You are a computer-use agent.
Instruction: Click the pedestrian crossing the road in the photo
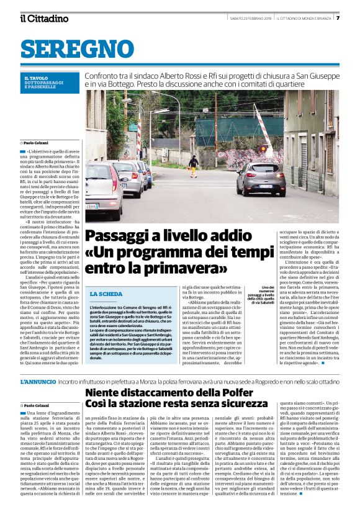[193, 164]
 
